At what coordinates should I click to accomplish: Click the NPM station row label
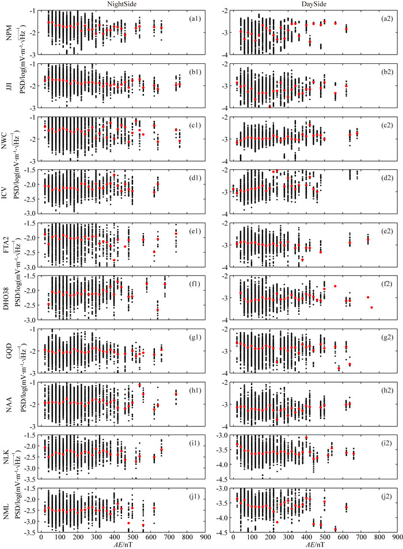7,32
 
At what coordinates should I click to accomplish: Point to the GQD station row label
7,350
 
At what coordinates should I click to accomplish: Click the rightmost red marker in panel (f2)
372,307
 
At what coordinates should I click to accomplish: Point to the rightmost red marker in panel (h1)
176,394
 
